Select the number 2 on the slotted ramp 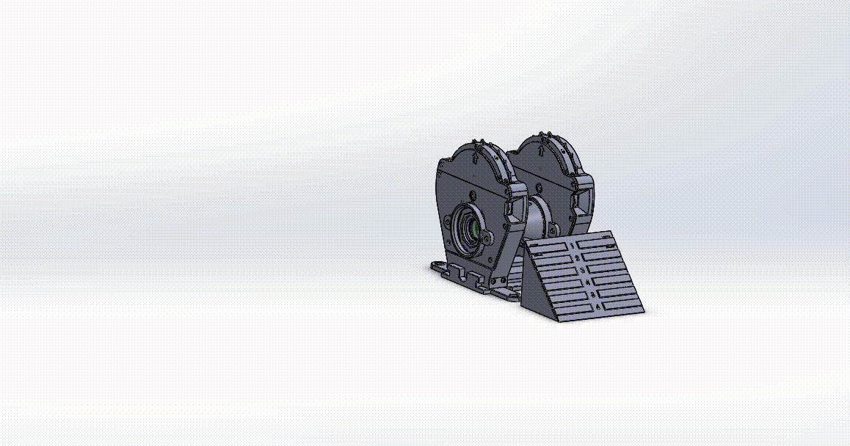point(578,258)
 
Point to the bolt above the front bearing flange point(472,195)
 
